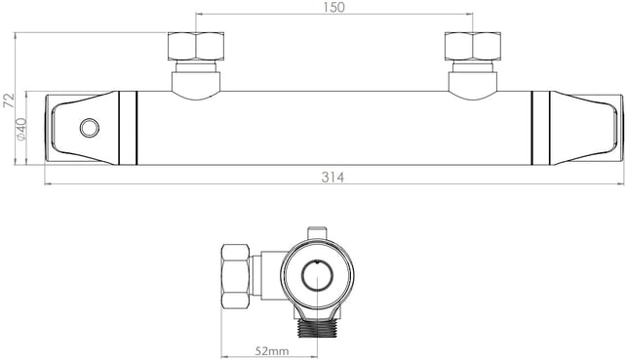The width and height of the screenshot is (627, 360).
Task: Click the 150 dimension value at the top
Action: pos(334,7)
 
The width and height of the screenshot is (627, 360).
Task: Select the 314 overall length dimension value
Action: pos(333,178)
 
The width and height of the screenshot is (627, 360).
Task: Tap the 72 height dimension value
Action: pos(9,100)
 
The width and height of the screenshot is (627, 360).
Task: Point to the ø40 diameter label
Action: pos(20,129)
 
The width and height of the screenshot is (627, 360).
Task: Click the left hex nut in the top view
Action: pos(196,46)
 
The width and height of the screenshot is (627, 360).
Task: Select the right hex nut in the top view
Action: pos(473,46)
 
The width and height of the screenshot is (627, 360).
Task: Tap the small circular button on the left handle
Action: pos(89,128)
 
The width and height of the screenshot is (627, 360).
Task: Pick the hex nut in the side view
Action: pos(236,276)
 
